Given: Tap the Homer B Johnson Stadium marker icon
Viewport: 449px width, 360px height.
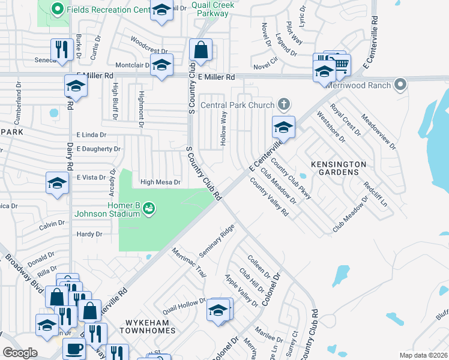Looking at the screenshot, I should [149, 208].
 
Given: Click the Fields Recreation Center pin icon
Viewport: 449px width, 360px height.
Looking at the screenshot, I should [58, 9].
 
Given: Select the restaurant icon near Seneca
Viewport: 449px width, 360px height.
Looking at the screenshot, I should [61, 50].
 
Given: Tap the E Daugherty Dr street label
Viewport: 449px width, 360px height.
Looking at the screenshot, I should [98, 149].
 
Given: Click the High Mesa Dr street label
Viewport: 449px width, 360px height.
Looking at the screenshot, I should [160, 182].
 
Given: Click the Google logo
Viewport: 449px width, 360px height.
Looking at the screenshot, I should [20, 353].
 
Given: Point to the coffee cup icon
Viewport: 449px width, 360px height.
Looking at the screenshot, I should [74, 349].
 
